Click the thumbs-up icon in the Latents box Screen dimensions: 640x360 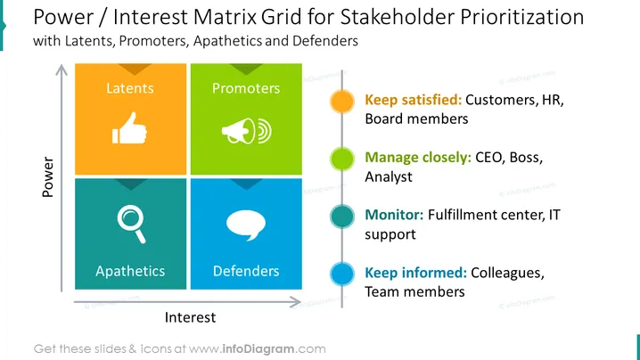129,128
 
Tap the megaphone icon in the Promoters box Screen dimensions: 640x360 247,131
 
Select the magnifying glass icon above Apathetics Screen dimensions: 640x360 131,224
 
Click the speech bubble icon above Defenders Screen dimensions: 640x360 246,225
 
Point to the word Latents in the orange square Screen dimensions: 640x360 130,88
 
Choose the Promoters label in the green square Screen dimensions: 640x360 246,88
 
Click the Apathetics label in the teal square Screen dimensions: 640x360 130,271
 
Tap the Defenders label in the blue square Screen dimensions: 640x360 246,271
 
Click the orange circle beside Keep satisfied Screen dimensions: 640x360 342,102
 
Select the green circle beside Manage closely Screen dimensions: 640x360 342,159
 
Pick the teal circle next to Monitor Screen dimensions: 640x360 342,217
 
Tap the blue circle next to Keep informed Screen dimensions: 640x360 342,274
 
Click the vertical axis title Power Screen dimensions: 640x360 48,177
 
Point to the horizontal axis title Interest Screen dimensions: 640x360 190,317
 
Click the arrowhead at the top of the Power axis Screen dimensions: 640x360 62,70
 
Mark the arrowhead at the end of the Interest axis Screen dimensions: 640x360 296,302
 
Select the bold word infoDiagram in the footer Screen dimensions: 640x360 258,349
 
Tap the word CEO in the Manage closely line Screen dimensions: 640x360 489,158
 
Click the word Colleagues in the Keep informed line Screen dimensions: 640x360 507,273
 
